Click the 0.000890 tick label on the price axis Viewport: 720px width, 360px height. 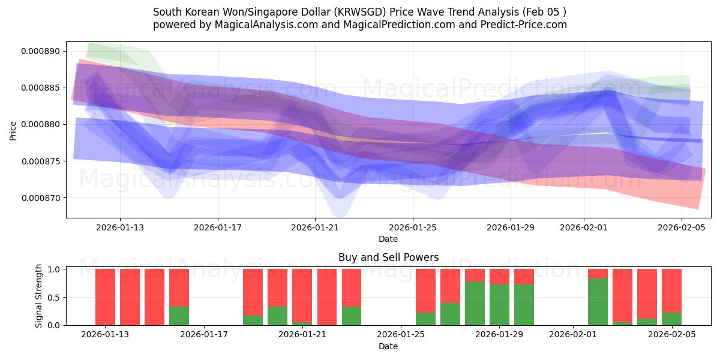[x=40, y=51]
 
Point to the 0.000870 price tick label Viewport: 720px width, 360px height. [x=40, y=198]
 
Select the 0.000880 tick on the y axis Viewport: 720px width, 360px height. [x=40, y=125]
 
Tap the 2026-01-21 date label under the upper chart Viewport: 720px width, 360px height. [x=315, y=228]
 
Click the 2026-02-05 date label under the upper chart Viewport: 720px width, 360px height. [x=682, y=228]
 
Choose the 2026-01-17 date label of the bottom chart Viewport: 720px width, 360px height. [x=204, y=335]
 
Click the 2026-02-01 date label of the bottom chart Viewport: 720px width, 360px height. [x=573, y=335]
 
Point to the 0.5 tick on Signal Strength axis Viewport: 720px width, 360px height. [x=54, y=297]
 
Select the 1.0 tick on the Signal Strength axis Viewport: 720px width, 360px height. [x=54, y=269]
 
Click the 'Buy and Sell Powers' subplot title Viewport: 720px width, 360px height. [x=388, y=257]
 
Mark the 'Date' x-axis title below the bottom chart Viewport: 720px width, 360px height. [x=388, y=346]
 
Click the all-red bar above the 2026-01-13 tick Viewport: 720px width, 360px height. [x=105, y=297]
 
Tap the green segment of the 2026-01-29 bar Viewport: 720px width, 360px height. [x=499, y=305]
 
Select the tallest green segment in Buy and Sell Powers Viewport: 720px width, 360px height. [x=598, y=302]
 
